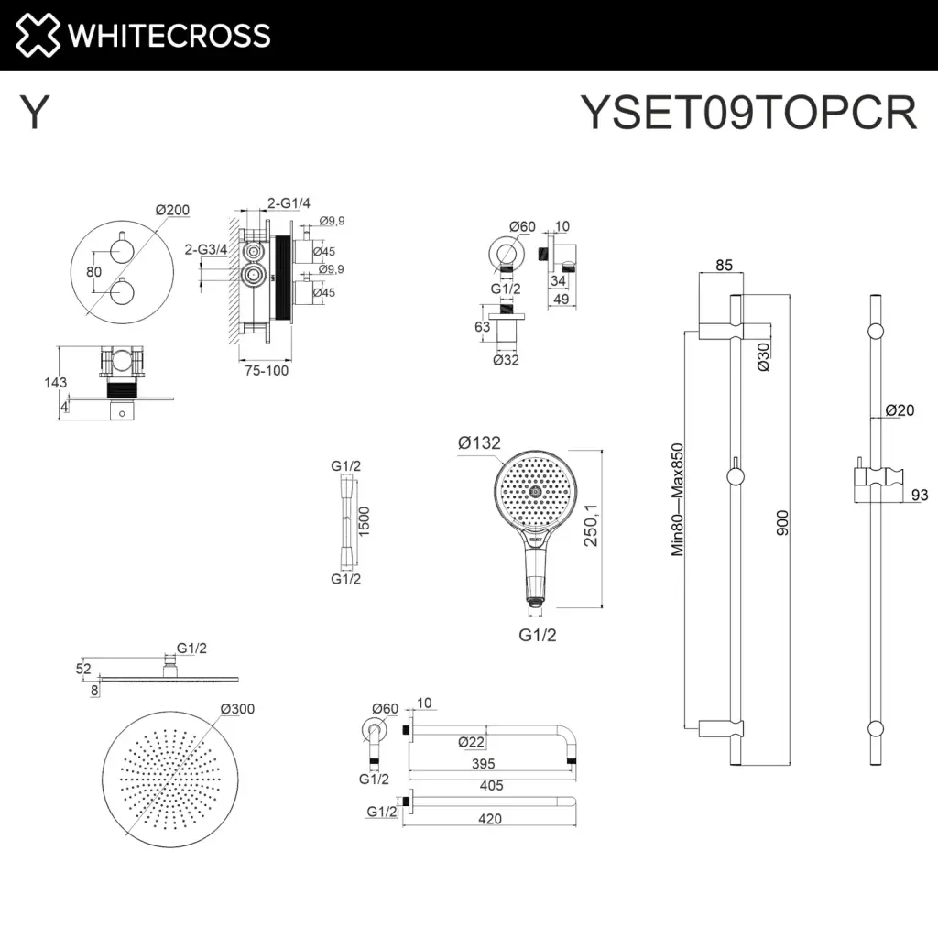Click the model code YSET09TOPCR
coord(748,114)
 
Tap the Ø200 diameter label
coord(172,211)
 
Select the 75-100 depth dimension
coord(266,371)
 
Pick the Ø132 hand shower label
coord(479,443)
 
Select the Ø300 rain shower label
coord(236,708)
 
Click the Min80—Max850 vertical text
coord(678,499)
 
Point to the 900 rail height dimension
coord(781,524)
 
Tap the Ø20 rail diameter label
coord(900,410)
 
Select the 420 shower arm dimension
coord(490,819)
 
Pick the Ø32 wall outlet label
coord(507,360)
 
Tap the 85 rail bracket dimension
coord(724,267)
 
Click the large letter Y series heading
coord(34,114)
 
